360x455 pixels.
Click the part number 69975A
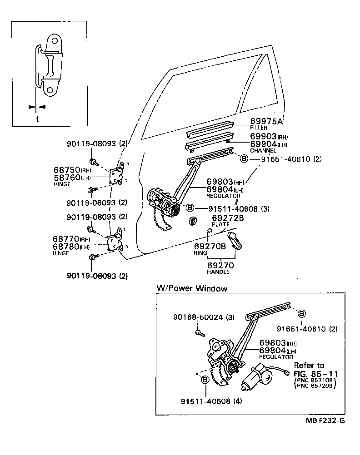point(266,122)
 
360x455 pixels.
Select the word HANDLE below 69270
point(218,272)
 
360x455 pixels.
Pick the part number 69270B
point(210,246)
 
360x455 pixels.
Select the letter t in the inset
point(36,119)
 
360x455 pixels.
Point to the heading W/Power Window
point(191,288)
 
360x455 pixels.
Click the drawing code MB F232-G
point(325,420)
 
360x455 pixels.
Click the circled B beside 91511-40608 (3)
point(190,208)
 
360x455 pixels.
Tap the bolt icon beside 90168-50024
point(199,334)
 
